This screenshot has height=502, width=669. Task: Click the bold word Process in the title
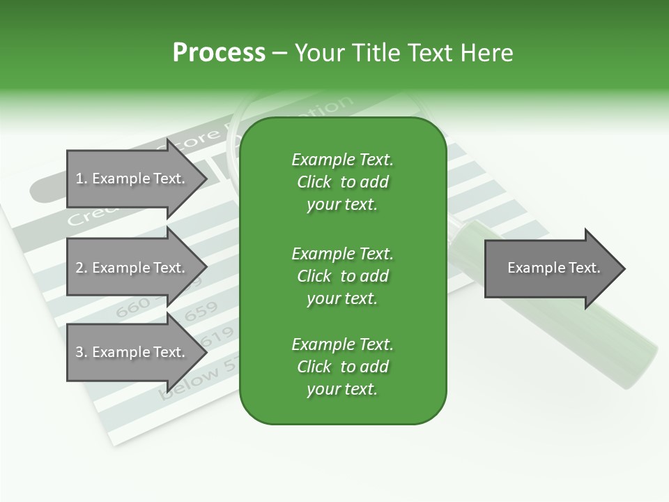click(219, 53)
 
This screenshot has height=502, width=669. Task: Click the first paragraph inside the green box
click(342, 182)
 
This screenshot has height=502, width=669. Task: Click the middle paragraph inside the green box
click(342, 275)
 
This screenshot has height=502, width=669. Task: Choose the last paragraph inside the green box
click(342, 367)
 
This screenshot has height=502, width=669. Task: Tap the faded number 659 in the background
click(201, 310)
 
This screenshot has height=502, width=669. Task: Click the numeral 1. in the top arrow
click(81, 179)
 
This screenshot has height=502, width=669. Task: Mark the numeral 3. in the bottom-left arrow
click(81, 353)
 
